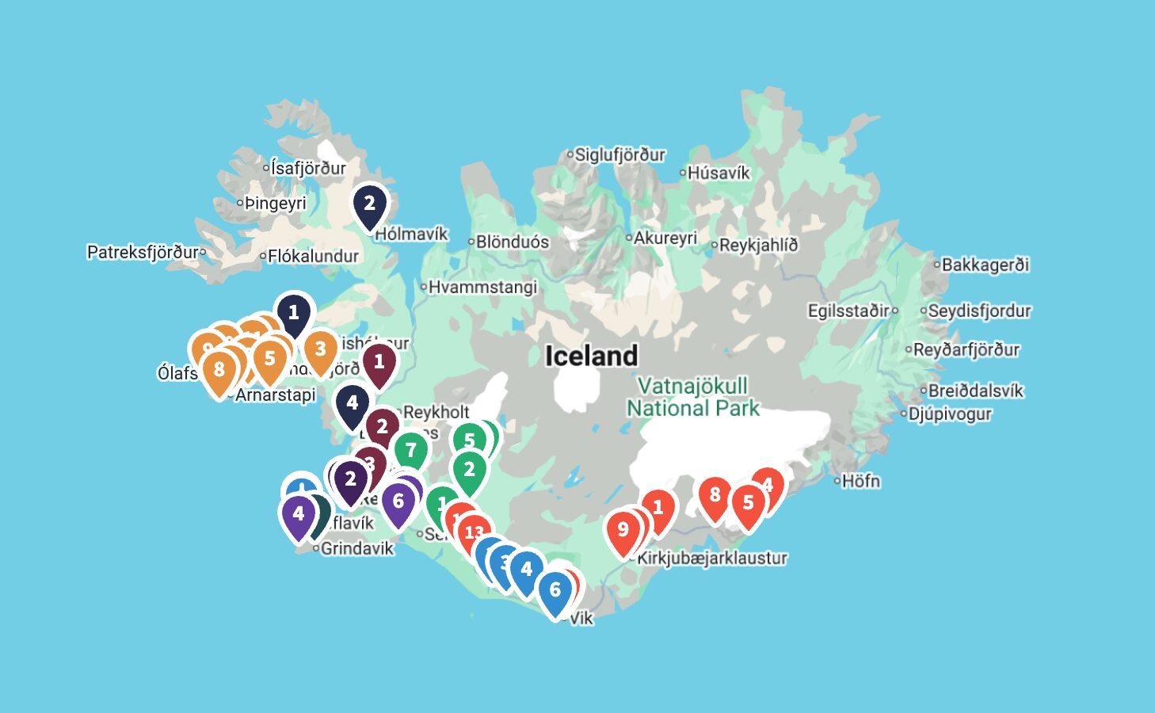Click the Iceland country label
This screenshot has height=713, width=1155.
pos(591,356)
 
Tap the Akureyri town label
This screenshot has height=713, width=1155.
pos(665,238)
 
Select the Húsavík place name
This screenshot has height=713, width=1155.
pos(718,173)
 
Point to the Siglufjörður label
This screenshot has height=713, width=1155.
pos(619,154)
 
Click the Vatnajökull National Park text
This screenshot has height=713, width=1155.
pos(693,397)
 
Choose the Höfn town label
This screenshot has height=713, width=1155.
pos(860,481)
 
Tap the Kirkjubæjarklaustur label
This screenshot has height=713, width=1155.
pos(712,558)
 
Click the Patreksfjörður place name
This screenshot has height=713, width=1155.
pos(143,252)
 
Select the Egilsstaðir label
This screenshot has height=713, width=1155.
pos(848,311)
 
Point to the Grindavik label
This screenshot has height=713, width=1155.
pos(356,548)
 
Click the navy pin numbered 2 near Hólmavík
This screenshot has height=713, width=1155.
pos(369,204)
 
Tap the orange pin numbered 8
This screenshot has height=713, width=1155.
pos(219,371)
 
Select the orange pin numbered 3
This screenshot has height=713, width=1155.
pos(320,350)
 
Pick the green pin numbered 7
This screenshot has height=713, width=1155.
pos(410,452)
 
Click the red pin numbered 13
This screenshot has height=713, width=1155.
pos(474,533)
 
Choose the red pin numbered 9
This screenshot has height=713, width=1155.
pos(623,530)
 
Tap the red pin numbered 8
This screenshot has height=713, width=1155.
pos(715,496)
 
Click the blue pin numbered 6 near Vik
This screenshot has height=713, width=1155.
pos(555,591)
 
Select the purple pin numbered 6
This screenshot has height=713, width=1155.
pos(398,502)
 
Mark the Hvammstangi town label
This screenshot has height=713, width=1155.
pos(482,287)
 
